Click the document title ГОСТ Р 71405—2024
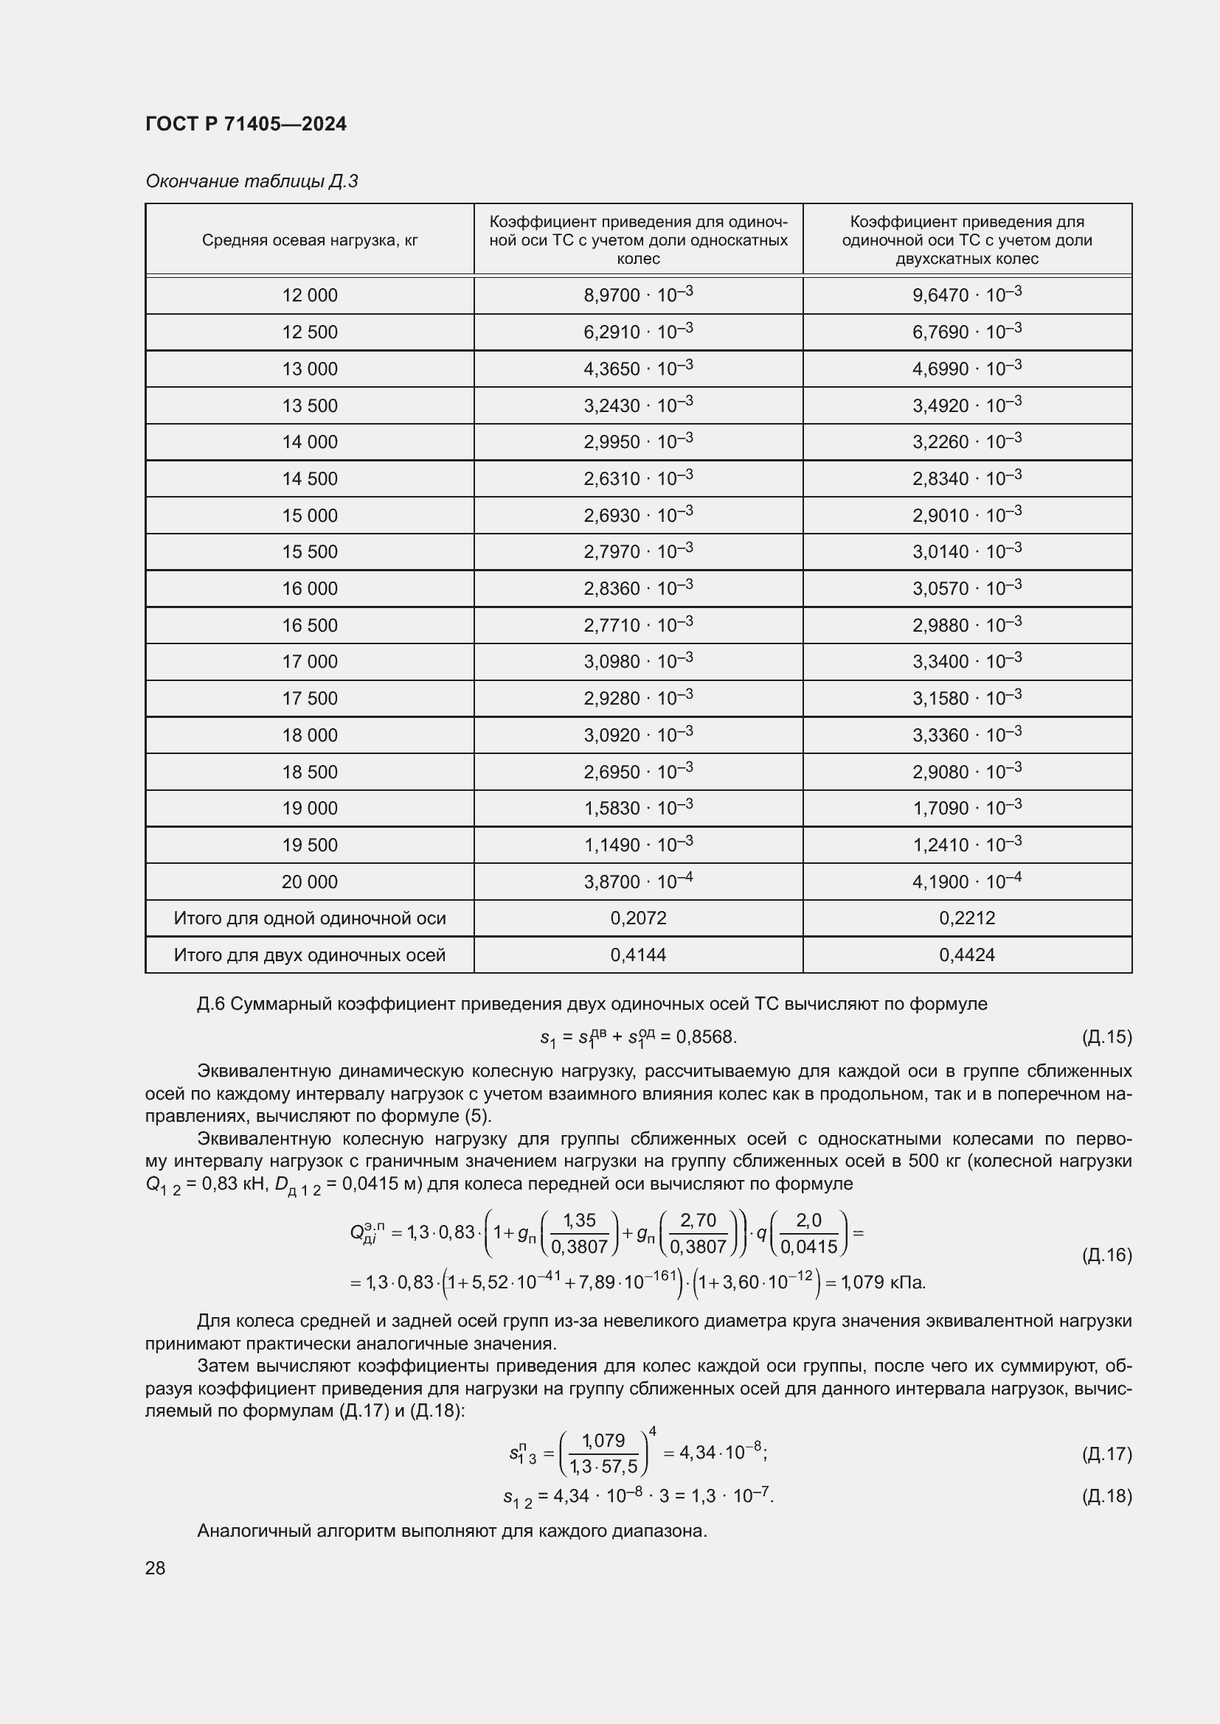pos(246,124)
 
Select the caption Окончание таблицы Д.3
pos(252,181)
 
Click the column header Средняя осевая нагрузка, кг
pos(310,240)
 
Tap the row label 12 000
pos(310,295)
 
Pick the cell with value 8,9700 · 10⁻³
pos(638,294)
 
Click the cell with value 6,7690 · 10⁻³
pos(967,331)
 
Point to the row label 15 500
pos(310,552)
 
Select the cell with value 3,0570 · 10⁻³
pos(967,588)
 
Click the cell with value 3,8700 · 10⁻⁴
pos(638,882)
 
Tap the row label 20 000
pos(310,882)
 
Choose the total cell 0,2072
pos(638,918)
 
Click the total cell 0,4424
pos(967,955)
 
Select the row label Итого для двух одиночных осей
pos(310,955)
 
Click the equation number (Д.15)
pos(1106,1037)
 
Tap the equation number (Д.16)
pos(1106,1254)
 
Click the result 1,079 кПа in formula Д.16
pos(884,1282)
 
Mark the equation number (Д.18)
pos(1106,1496)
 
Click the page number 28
pos(156,1568)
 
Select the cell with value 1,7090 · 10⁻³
pos(967,808)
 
